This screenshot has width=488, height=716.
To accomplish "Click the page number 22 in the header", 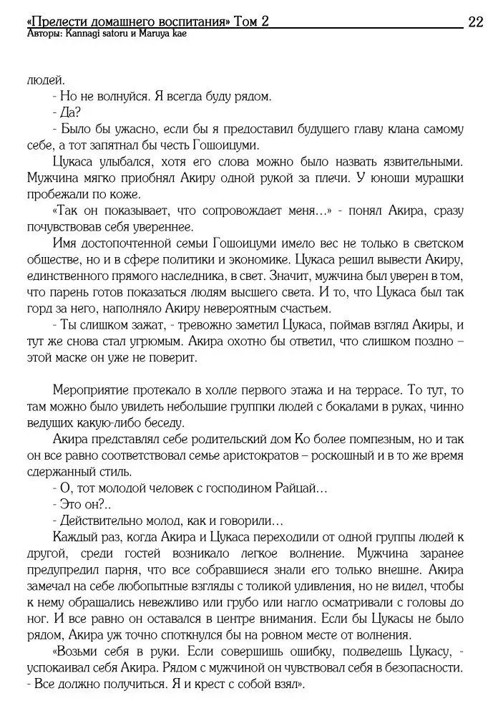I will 475,22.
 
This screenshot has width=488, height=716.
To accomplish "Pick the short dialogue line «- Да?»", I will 67,112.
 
